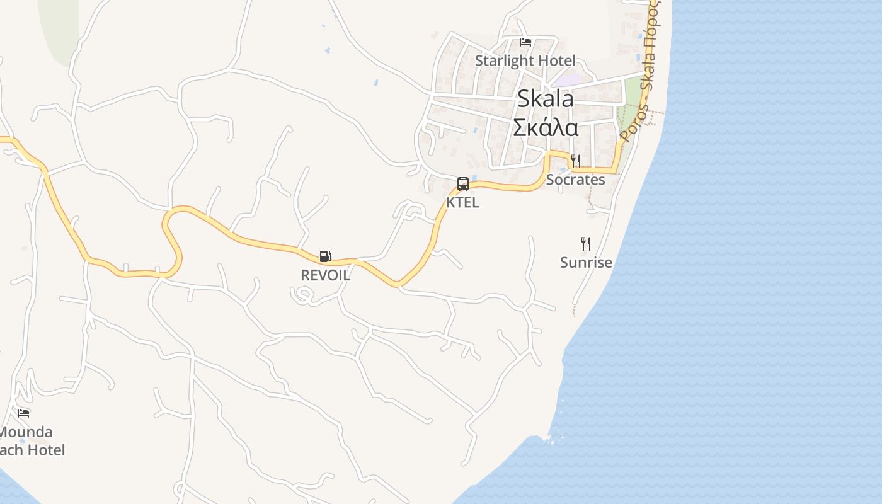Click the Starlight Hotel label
tap(525, 60)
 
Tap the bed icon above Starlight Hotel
tap(525, 42)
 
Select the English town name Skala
tap(546, 99)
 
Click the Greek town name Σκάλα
tap(546, 127)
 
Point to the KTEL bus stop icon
tap(463, 184)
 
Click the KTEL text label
tap(463, 202)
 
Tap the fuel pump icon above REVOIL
tap(325, 256)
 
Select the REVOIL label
tap(325, 275)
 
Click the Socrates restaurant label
tap(575, 180)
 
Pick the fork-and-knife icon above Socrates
tap(575, 161)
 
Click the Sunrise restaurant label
tap(586, 262)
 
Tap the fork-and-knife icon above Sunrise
tap(586, 243)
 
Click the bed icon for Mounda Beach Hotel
tap(24, 413)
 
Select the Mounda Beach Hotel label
tap(28, 441)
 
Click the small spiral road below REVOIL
tap(304, 295)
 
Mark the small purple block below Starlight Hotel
tap(569, 81)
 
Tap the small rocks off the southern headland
tap(553, 435)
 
